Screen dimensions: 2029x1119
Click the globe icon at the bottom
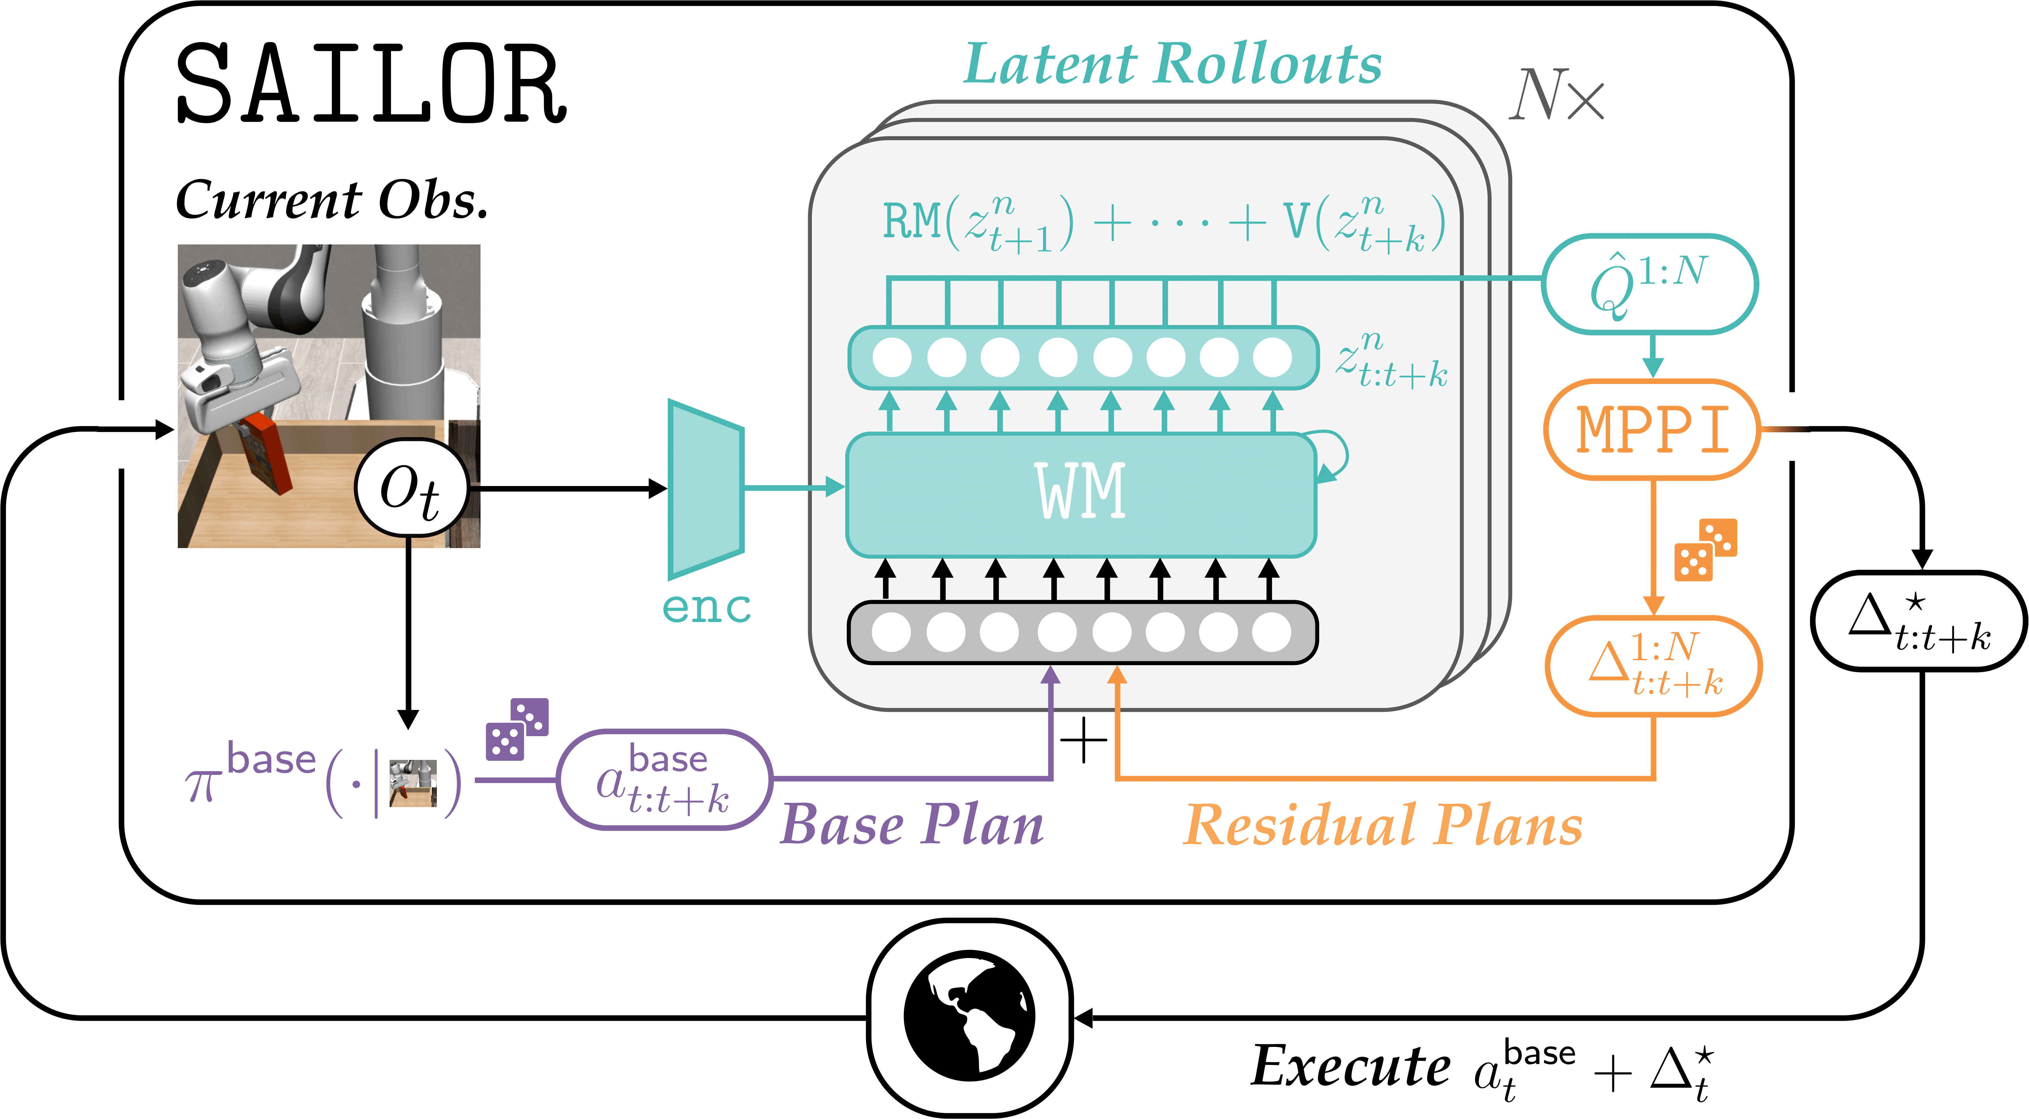(970, 1018)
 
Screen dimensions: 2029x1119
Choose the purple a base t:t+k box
(664, 779)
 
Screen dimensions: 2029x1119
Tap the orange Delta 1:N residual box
(1653, 666)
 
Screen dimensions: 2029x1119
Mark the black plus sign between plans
(1084, 741)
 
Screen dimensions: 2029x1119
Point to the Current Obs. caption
(332, 199)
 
